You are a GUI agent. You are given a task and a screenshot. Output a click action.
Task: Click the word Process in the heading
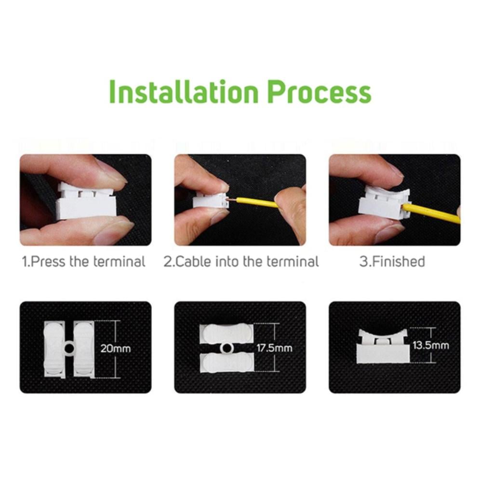coord(320,92)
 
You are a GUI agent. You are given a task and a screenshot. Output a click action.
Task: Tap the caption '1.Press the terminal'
coord(83,262)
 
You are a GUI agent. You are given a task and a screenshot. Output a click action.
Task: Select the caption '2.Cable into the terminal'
coord(241,262)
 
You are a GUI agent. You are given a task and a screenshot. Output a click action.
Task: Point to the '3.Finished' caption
coord(392,262)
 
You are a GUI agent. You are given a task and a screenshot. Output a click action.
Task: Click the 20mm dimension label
coord(116,348)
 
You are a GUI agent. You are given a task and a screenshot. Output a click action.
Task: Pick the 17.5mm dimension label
coord(275,348)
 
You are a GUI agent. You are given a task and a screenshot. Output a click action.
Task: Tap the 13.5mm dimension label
coord(430,345)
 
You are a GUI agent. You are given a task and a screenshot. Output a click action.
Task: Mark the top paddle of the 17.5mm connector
coord(227,334)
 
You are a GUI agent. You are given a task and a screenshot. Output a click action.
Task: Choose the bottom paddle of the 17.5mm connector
coord(227,363)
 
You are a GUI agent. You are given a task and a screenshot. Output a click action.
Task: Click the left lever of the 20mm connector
coord(54,349)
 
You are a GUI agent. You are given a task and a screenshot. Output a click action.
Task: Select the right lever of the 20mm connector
coord(84,349)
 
